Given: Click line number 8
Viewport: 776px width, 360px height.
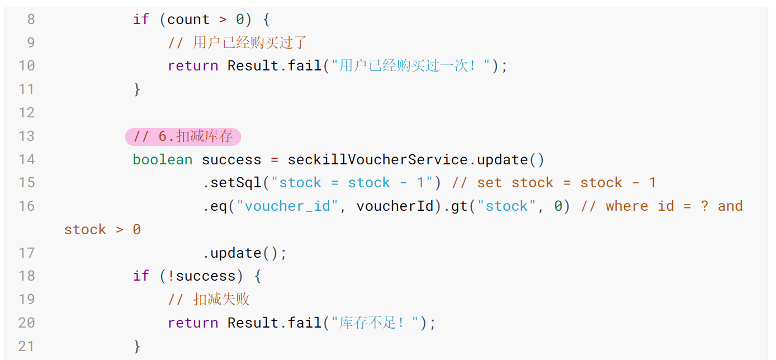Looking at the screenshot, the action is click(x=31, y=20).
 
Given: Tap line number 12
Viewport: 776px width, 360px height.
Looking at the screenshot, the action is click(x=27, y=113).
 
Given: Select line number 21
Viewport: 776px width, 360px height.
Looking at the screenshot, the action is click(x=26, y=347).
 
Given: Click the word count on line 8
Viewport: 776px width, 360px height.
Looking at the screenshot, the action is click(x=188, y=20).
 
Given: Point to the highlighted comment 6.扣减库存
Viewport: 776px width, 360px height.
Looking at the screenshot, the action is click(x=183, y=136).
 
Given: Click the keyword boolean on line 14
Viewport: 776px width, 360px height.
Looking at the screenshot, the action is click(x=163, y=160).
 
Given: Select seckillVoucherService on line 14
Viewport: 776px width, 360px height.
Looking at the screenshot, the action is click(x=377, y=160).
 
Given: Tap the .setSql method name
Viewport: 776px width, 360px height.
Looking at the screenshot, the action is click(x=232, y=183).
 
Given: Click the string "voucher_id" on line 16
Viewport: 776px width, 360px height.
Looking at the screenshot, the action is click(x=287, y=206).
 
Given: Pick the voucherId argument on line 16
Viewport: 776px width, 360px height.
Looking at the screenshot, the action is click(x=395, y=206).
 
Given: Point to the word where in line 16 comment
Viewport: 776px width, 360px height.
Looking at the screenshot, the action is click(x=627, y=206).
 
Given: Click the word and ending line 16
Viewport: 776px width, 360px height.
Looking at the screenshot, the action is click(x=730, y=206).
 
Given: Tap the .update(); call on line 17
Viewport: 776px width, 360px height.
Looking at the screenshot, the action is click(x=244, y=253).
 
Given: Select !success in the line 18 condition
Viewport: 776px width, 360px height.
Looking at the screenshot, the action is click(x=202, y=276).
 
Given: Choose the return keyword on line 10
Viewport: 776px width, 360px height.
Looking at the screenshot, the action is click(x=193, y=66).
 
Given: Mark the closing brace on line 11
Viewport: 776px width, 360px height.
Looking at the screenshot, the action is click(x=137, y=89).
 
